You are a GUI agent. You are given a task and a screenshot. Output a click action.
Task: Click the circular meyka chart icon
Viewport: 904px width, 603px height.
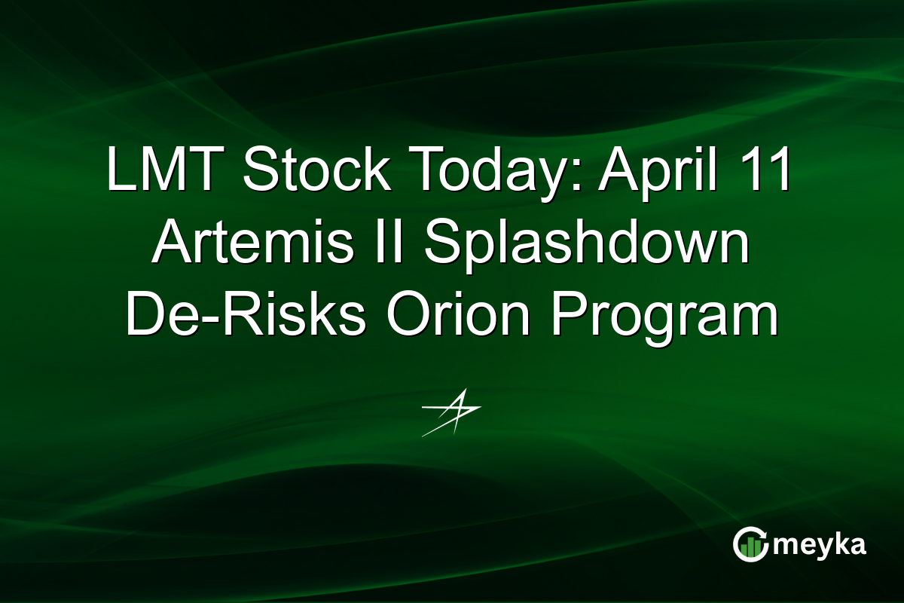(x=749, y=544)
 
